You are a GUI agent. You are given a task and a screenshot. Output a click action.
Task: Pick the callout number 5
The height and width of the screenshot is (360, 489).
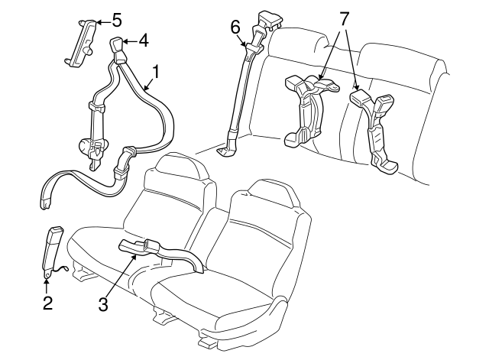[116, 19]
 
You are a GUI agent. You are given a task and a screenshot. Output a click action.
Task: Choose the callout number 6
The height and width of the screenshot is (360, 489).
[235, 29]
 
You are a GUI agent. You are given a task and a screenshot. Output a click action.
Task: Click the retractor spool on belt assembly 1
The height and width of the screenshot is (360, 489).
[86, 144]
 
